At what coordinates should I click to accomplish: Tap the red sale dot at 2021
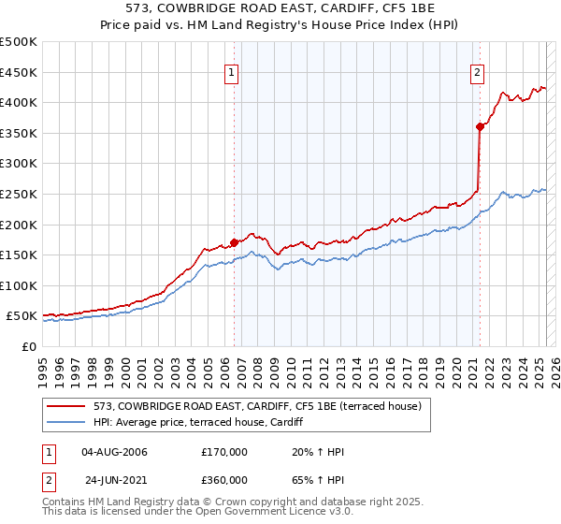click(480, 126)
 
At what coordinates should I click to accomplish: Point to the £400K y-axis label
click(19, 102)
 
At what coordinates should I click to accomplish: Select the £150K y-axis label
click(19, 255)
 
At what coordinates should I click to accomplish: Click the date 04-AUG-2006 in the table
click(115, 453)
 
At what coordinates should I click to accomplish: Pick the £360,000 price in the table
click(224, 480)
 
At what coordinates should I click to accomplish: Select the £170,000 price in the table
click(224, 453)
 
